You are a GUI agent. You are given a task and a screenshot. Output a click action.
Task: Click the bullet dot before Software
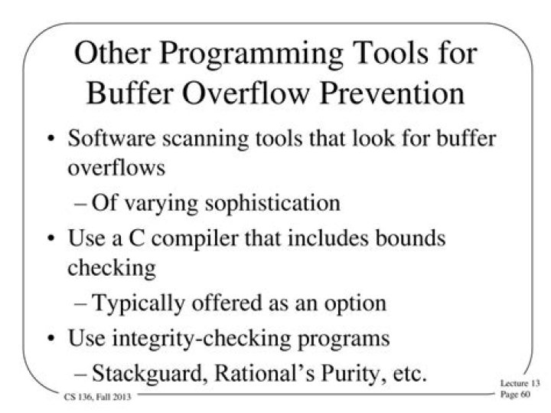click(x=51, y=143)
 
